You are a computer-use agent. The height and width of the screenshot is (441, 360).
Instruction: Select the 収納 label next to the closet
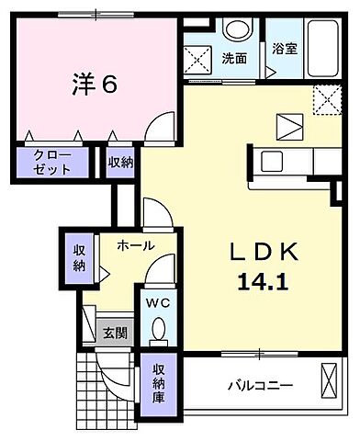point(119,163)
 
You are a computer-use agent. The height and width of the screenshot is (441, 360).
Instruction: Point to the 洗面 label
point(234,58)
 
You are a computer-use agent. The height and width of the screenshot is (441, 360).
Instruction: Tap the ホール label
point(135,245)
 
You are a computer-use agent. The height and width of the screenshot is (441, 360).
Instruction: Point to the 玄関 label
point(114,334)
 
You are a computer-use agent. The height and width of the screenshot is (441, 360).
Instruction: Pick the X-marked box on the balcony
point(330,379)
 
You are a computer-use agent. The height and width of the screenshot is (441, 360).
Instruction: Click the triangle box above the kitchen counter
point(289,124)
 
